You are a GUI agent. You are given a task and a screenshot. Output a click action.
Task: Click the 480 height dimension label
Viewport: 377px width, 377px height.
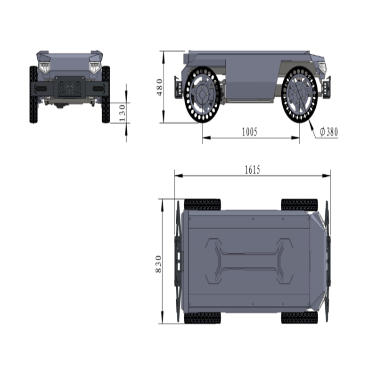160,87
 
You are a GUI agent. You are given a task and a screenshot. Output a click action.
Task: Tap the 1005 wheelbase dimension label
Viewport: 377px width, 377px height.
249,132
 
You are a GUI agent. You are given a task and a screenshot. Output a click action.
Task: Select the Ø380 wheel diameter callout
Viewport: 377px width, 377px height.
328,132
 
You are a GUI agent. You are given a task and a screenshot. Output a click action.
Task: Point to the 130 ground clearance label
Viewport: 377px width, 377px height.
123,113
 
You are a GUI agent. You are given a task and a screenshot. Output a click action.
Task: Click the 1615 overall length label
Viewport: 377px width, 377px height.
252,170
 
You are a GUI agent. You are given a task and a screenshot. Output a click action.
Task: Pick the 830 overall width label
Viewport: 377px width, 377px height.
158,264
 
